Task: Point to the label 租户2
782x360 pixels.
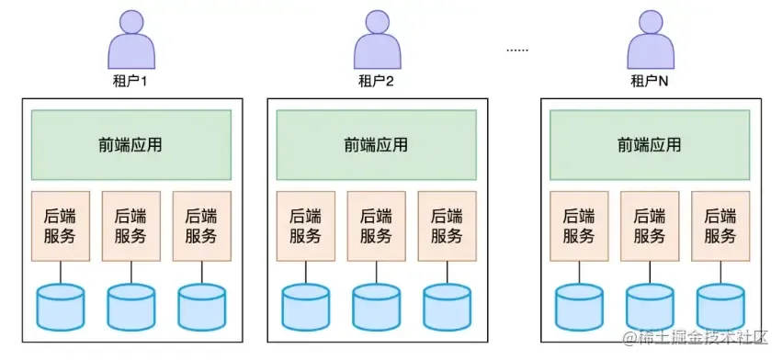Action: (x=376, y=81)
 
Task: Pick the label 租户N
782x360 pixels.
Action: (x=650, y=81)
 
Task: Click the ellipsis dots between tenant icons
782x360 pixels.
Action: (x=517, y=50)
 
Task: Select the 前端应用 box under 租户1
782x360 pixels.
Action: (x=131, y=144)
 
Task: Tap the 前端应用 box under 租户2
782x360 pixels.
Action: (x=377, y=144)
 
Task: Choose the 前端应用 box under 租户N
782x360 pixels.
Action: (x=650, y=144)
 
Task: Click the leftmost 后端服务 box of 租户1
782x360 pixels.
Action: (x=61, y=226)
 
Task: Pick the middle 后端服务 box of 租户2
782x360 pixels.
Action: (x=377, y=226)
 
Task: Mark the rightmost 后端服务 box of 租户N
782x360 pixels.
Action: (x=720, y=226)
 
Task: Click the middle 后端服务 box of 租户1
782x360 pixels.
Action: (x=131, y=226)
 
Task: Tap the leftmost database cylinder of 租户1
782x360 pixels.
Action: (x=61, y=307)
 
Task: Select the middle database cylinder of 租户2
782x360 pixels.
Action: (x=377, y=307)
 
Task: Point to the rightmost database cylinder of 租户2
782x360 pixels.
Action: (x=447, y=307)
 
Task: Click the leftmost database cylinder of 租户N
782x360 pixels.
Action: (x=580, y=307)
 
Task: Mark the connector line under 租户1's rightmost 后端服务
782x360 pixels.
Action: (x=202, y=272)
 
